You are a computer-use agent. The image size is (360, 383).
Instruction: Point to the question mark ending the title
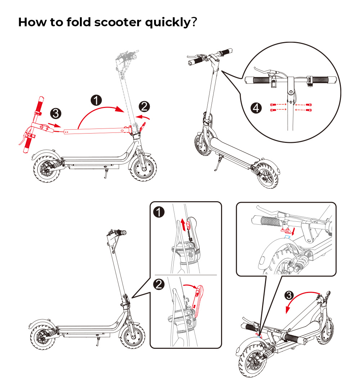point(194,22)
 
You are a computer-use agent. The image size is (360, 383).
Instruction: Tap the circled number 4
point(256,108)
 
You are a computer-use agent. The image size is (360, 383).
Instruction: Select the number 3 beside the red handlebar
point(55,113)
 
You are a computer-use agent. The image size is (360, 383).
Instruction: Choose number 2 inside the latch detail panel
point(159,284)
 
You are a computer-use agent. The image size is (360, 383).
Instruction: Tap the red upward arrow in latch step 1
point(183,224)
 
